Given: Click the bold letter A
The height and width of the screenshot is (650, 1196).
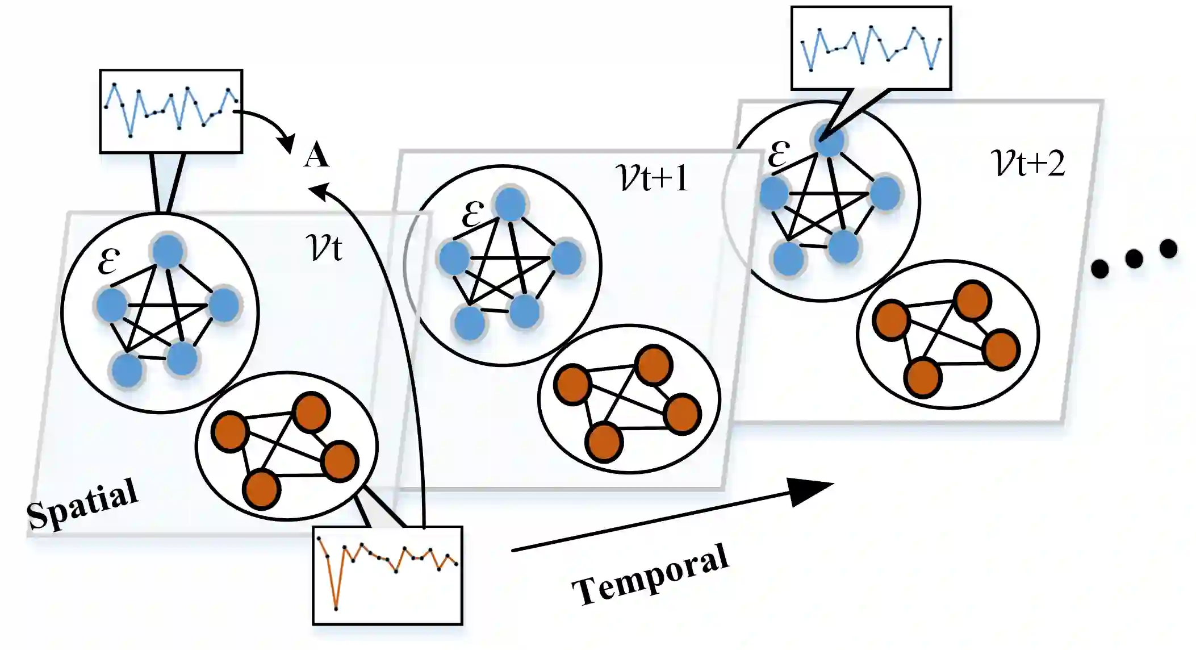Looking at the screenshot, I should tap(316, 155).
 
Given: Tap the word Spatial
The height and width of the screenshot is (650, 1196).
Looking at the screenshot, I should tap(83, 503).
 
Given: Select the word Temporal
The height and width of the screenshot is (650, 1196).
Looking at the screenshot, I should tap(650, 574).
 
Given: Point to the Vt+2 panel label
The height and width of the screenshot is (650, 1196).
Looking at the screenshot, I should tap(1028, 163).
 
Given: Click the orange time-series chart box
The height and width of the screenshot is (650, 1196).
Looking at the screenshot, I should tap(388, 575).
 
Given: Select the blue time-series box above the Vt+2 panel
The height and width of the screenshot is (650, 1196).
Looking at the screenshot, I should tap(871, 48).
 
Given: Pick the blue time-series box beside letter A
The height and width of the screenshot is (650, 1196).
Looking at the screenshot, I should tap(171, 111).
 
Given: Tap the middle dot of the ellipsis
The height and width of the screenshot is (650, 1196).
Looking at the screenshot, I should tap(1134, 259).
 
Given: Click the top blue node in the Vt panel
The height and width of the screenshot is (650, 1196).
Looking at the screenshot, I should tap(168, 251).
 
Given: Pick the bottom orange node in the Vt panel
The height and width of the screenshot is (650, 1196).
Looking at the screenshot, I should tap(262, 489).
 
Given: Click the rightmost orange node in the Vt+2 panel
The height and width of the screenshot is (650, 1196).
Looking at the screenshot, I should tap(1001, 349).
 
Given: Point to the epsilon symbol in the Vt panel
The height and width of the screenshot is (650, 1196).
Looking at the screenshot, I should tap(108, 261).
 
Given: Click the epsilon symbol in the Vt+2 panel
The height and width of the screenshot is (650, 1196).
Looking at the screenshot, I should tap(779, 153).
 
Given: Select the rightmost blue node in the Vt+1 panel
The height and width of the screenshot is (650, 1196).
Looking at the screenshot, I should tap(566, 258).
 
